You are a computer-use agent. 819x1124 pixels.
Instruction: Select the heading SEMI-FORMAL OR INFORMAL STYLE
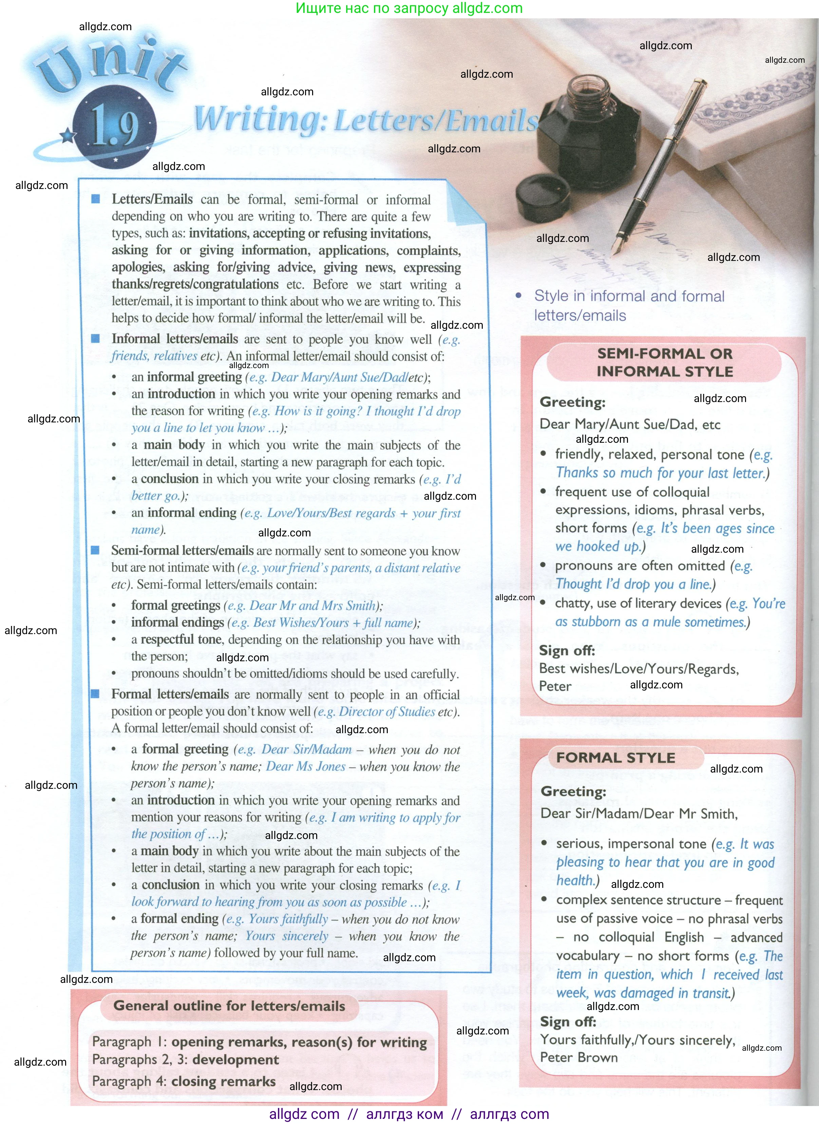pos(664,362)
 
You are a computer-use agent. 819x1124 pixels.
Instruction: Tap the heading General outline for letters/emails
pos(229,1006)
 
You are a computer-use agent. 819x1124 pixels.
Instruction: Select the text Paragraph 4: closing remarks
pos(184,1081)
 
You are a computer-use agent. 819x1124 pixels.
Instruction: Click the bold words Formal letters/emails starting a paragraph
pos(170,694)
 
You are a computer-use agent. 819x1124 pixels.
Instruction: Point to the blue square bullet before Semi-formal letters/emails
pos(95,550)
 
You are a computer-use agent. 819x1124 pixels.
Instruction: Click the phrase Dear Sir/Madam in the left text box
pos(306,749)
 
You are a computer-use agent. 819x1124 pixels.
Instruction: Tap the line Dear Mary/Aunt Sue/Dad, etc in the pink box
pos(630,424)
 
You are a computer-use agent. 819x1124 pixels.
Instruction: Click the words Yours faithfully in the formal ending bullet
pos(288,919)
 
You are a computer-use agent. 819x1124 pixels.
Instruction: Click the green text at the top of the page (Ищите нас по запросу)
pos(409,8)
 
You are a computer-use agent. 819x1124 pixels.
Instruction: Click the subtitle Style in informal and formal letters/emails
pos(629,305)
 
